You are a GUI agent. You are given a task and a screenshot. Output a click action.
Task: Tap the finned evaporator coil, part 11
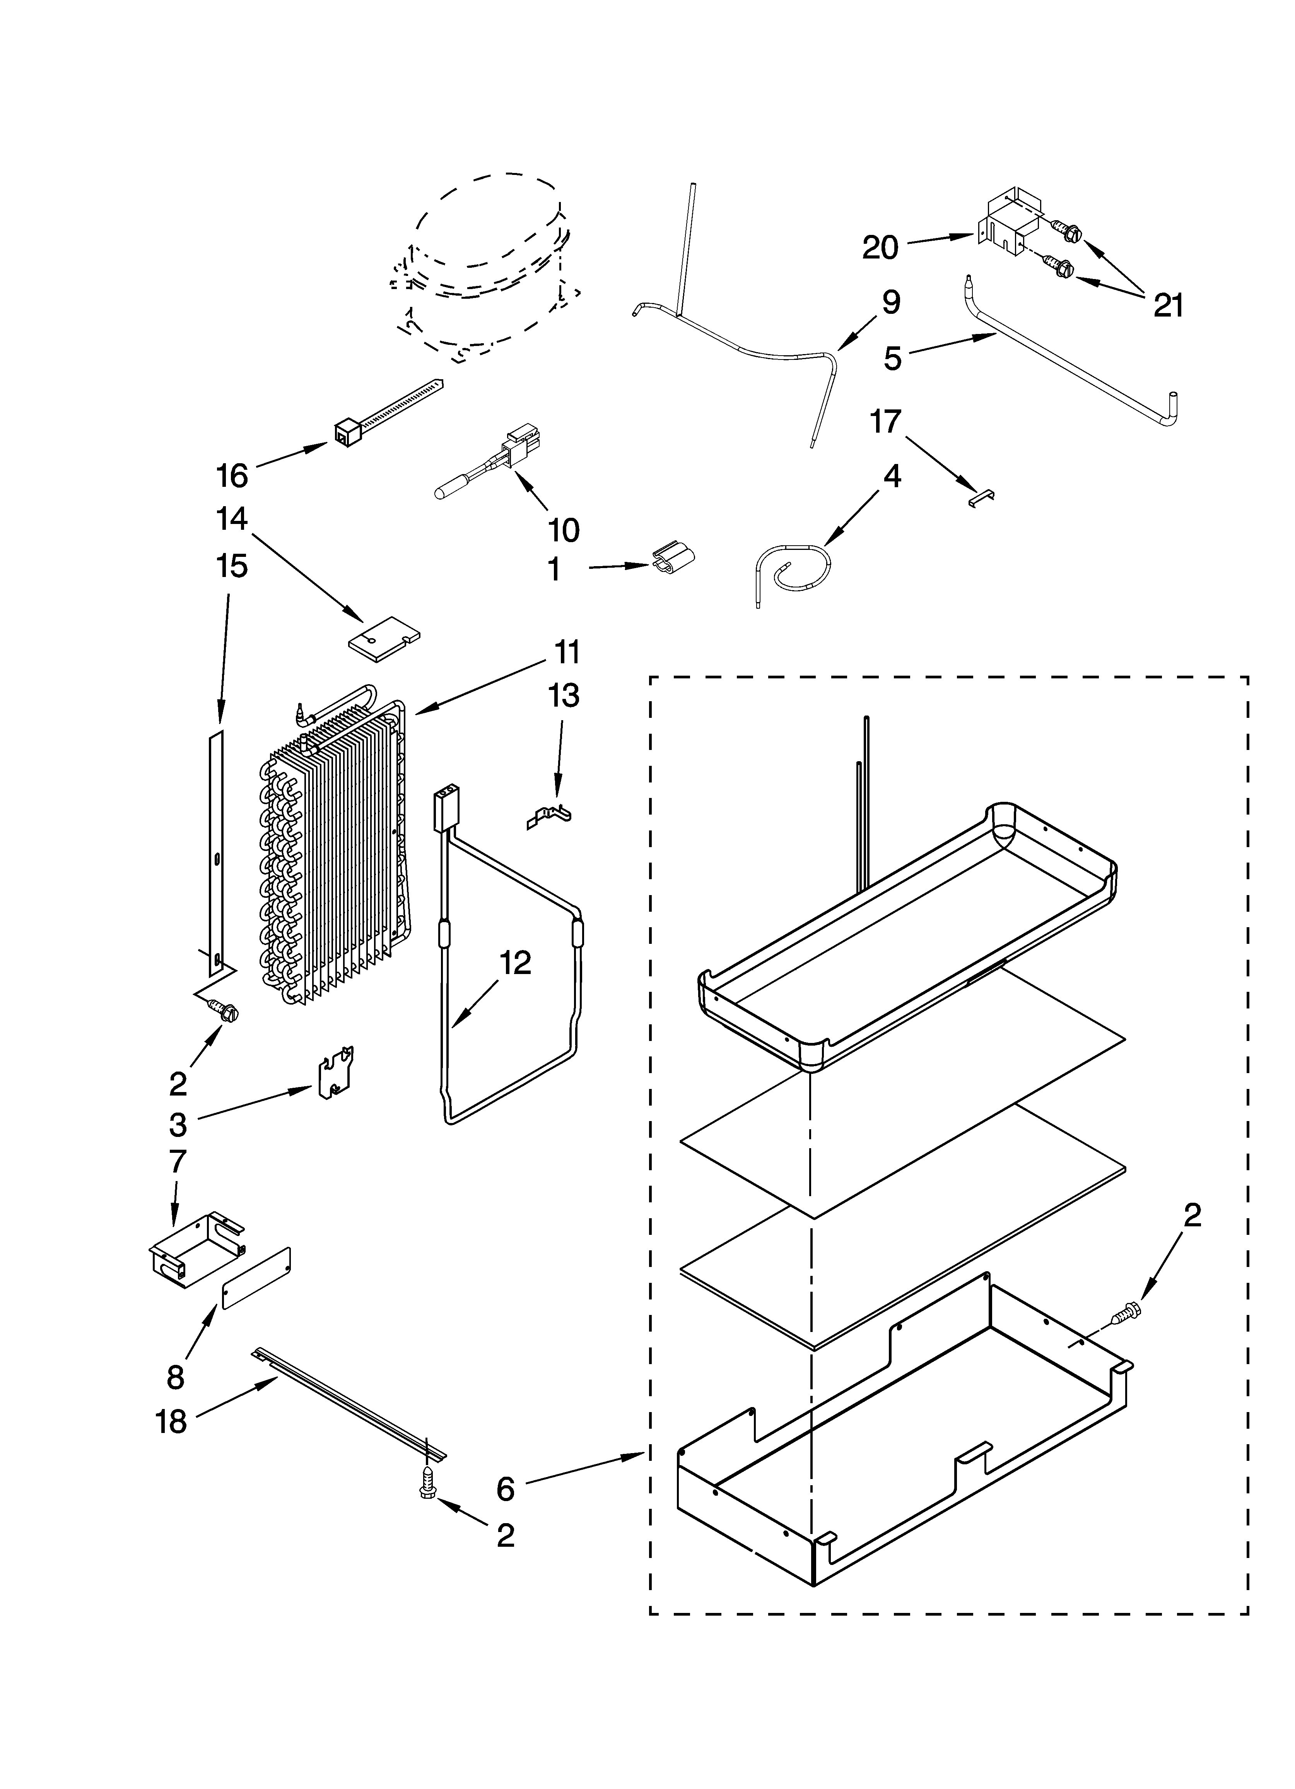[x=331, y=852]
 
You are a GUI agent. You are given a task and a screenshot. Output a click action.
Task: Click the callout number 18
[x=171, y=1421]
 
